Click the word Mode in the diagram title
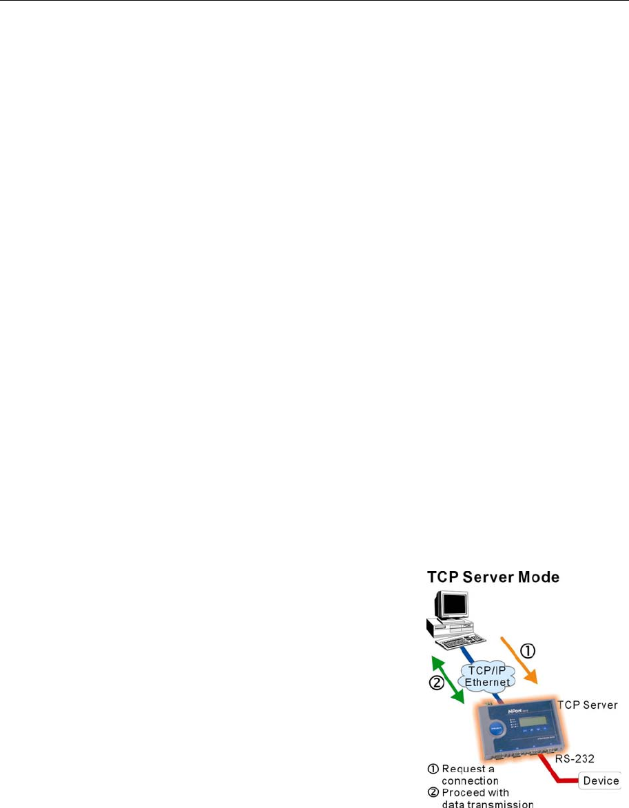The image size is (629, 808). coord(535,577)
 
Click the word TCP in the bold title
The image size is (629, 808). coord(444,577)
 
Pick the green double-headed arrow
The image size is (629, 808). coord(446,678)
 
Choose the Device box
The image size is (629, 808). coord(600,780)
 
